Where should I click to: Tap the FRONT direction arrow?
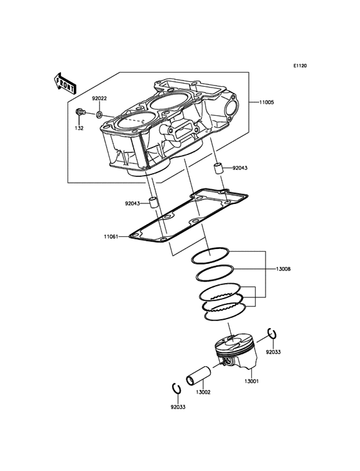point(65,83)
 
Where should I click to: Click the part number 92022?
point(99,98)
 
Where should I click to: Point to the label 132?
point(79,128)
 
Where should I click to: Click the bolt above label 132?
point(80,113)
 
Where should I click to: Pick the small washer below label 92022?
point(99,115)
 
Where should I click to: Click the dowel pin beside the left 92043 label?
point(153,203)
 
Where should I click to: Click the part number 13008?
point(283,269)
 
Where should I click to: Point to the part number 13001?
point(251,381)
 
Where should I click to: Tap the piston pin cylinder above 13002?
point(199,375)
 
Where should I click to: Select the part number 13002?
point(203,392)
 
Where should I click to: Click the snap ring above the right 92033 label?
point(271,333)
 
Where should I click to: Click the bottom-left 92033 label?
point(178,407)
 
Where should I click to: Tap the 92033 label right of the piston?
point(273,352)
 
